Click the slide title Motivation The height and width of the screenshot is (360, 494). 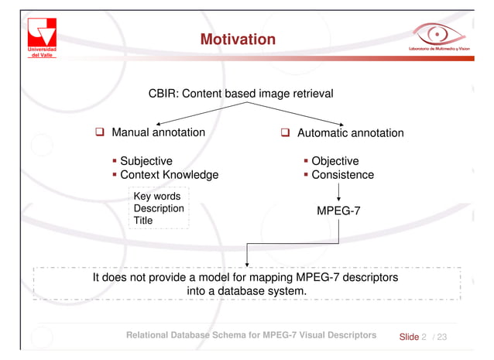tap(238, 39)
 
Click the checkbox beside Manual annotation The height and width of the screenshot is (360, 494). tap(100, 133)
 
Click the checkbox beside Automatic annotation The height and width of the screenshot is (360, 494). tap(285, 133)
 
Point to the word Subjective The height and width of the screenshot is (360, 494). tap(146, 161)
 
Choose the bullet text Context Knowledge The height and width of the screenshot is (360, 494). tap(169, 175)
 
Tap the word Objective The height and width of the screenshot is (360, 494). tap(335, 161)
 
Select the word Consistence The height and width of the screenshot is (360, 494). tap(342, 175)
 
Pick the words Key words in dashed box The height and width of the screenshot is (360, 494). tap(157, 197)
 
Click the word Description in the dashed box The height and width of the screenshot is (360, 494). tap(159, 208)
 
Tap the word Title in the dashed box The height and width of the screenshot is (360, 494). tap(143, 221)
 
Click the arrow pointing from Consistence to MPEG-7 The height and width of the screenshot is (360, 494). tap(338, 192)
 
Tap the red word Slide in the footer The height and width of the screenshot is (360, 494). tap(408, 337)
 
